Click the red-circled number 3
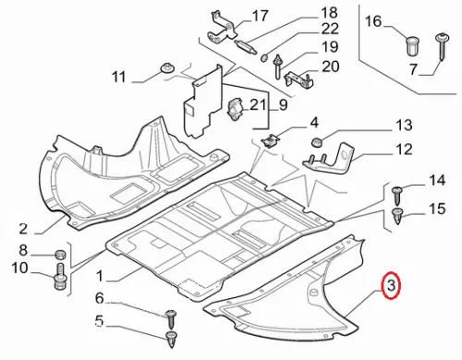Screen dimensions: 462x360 coord(391,285)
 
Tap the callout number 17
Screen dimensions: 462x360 coord(260,16)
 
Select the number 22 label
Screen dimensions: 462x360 coord(330,29)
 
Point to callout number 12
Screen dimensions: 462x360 coord(404,150)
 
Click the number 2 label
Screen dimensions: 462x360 coord(23,229)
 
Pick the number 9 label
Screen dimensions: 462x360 coord(283,104)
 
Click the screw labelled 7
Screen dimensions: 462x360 coord(443,47)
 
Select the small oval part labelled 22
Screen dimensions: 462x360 coord(264,57)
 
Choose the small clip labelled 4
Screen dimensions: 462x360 coord(271,140)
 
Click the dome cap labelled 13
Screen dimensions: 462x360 coord(316,142)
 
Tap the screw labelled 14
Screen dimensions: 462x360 coord(396,196)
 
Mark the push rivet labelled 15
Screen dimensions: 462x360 coord(397,216)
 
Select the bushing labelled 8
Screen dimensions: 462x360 coord(61,255)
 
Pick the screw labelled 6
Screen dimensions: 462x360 coord(170,319)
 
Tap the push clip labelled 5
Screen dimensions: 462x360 coord(172,339)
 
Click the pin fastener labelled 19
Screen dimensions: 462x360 coord(278,66)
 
